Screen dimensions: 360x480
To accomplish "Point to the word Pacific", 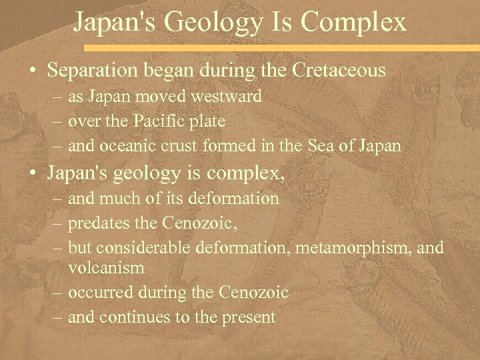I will pyautogui.click(x=163, y=121).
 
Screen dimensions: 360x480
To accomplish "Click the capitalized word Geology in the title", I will pyautogui.click(x=217, y=23).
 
